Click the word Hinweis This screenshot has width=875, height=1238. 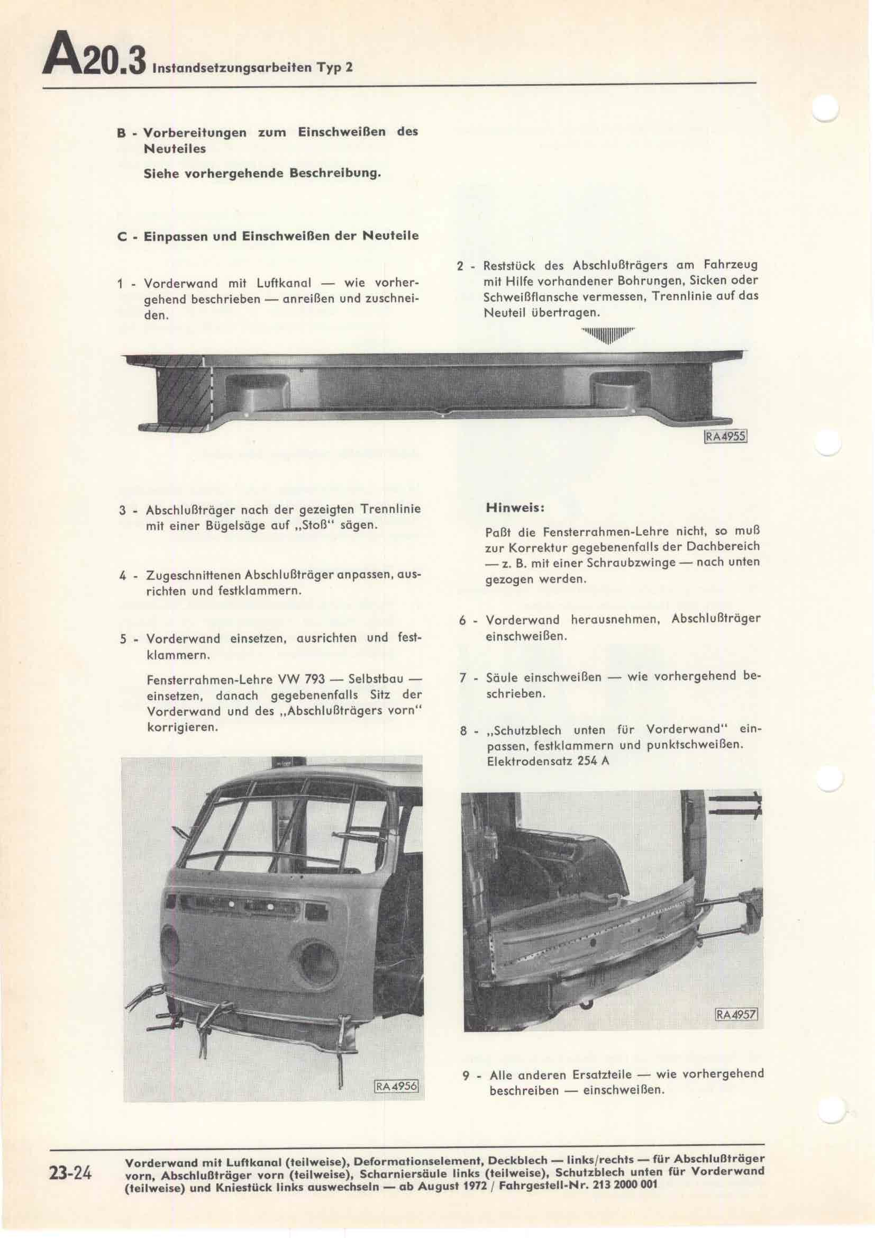515,508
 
